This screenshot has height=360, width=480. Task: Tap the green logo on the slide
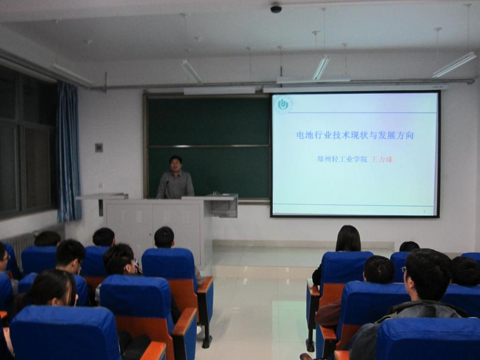pyautogui.click(x=283, y=105)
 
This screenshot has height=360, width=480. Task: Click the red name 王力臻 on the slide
pyautogui.click(x=382, y=160)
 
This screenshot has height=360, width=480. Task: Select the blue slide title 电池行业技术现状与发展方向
pyautogui.click(x=355, y=135)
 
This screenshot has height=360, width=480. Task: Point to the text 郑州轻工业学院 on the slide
pyautogui.click(x=342, y=160)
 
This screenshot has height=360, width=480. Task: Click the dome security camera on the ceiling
pyautogui.click(x=276, y=7)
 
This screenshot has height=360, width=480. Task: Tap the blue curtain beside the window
pyautogui.click(x=68, y=152)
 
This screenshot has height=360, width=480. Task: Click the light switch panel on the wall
pyautogui.click(x=99, y=148)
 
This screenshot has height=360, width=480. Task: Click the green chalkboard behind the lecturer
pyautogui.click(x=208, y=147)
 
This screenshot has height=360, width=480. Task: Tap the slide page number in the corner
pyautogui.click(x=424, y=211)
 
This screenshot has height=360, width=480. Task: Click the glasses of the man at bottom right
pyautogui.click(x=404, y=270)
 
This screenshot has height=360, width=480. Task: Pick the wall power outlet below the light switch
pyautogui.click(x=100, y=185)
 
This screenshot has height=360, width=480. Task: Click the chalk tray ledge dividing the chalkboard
pyautogui.click(x=208, y=146)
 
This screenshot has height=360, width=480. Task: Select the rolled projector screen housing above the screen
pyautogui.click(x=356, y=89)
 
